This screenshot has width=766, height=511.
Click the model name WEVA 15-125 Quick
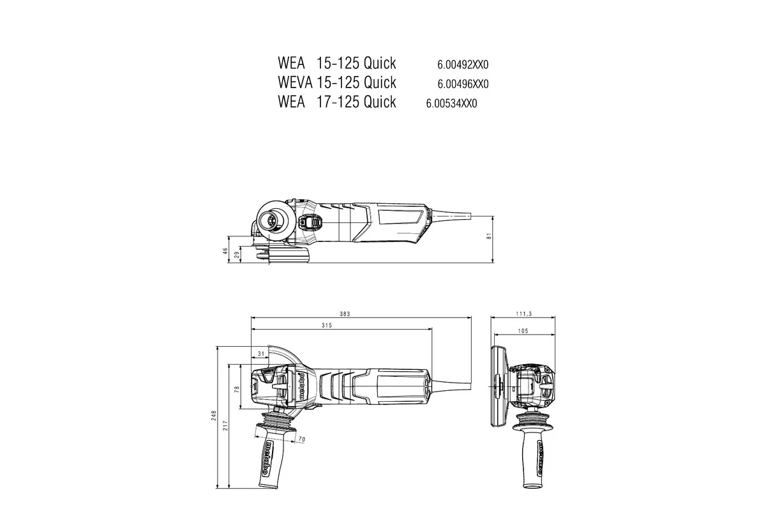coord(337,82)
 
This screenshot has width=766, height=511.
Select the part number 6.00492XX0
coord(463,65)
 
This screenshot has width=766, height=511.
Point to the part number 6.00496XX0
coord(463,84)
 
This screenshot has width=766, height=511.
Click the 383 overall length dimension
coord(345,314)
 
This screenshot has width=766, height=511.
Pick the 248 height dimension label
coord(215,416)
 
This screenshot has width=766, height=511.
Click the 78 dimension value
coord(237,388)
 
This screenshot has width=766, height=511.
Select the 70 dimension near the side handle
coord(302,439)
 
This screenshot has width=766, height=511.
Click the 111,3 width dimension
coord(523,314)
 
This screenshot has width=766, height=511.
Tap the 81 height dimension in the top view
coord(489,237)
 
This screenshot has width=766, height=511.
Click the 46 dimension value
coord(225,251)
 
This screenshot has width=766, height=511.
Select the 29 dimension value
coord(237,255)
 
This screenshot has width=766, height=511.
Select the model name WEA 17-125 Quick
coord(337,102)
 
